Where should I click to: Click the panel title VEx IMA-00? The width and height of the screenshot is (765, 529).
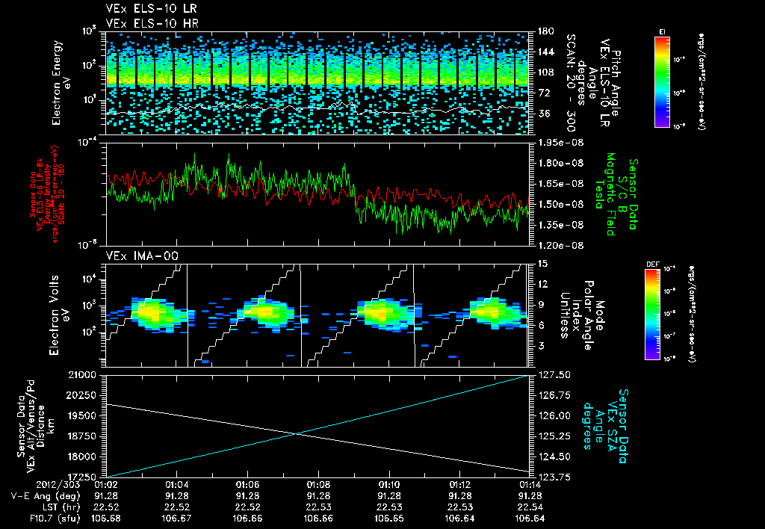pos(137,256)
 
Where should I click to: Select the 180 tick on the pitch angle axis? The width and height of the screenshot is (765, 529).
pos(544,31)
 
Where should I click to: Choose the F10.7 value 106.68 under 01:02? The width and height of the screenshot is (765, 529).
pos(106,518)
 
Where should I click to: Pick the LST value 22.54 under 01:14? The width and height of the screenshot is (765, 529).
pos(530,507)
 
